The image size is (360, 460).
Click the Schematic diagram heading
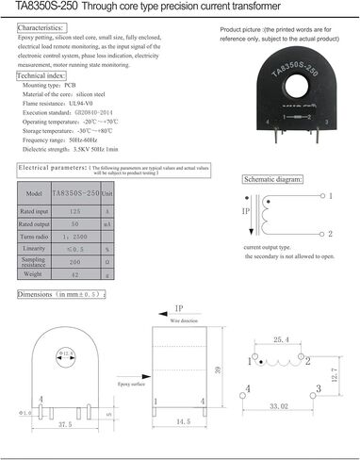click(x=272, y=179)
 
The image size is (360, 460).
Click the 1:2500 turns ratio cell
click(x=74, y=235)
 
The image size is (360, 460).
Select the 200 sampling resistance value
click(x=74, y=261)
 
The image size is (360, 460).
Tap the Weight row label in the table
click(x=33, y=273)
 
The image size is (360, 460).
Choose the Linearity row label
click(x=33, y=247)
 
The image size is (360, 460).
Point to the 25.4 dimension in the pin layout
click(x=280, y=339)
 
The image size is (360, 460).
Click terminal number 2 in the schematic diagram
click(x=330, y=233)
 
